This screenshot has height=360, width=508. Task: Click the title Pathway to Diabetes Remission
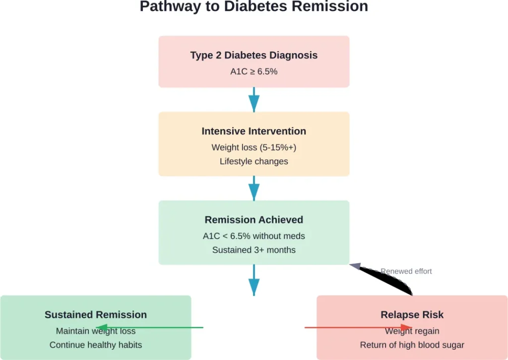[254, 7]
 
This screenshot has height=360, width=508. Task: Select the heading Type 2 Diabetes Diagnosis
[254, 55]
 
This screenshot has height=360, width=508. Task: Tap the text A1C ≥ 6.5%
[254, 72]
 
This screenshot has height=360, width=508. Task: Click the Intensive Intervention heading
[254, 131]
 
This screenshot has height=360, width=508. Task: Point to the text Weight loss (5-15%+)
[254, 147]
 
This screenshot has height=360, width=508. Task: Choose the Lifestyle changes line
[254, 161]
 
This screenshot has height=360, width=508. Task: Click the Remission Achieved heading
[254, 219]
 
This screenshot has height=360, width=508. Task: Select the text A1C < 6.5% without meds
[254, 236]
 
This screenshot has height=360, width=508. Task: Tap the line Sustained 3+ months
[254, 250]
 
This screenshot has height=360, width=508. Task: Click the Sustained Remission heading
[96, 314]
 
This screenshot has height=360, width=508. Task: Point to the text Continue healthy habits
[96, 345]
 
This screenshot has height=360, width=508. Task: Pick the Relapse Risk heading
[412, 314]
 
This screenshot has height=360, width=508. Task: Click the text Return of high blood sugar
[412, 345]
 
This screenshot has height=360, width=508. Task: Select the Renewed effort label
[406, 271]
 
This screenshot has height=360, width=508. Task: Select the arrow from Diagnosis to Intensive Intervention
[254, 99]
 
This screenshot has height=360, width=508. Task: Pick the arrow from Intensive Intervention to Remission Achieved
[254, 188]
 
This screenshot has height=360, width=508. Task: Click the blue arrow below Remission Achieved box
[254, 280]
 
